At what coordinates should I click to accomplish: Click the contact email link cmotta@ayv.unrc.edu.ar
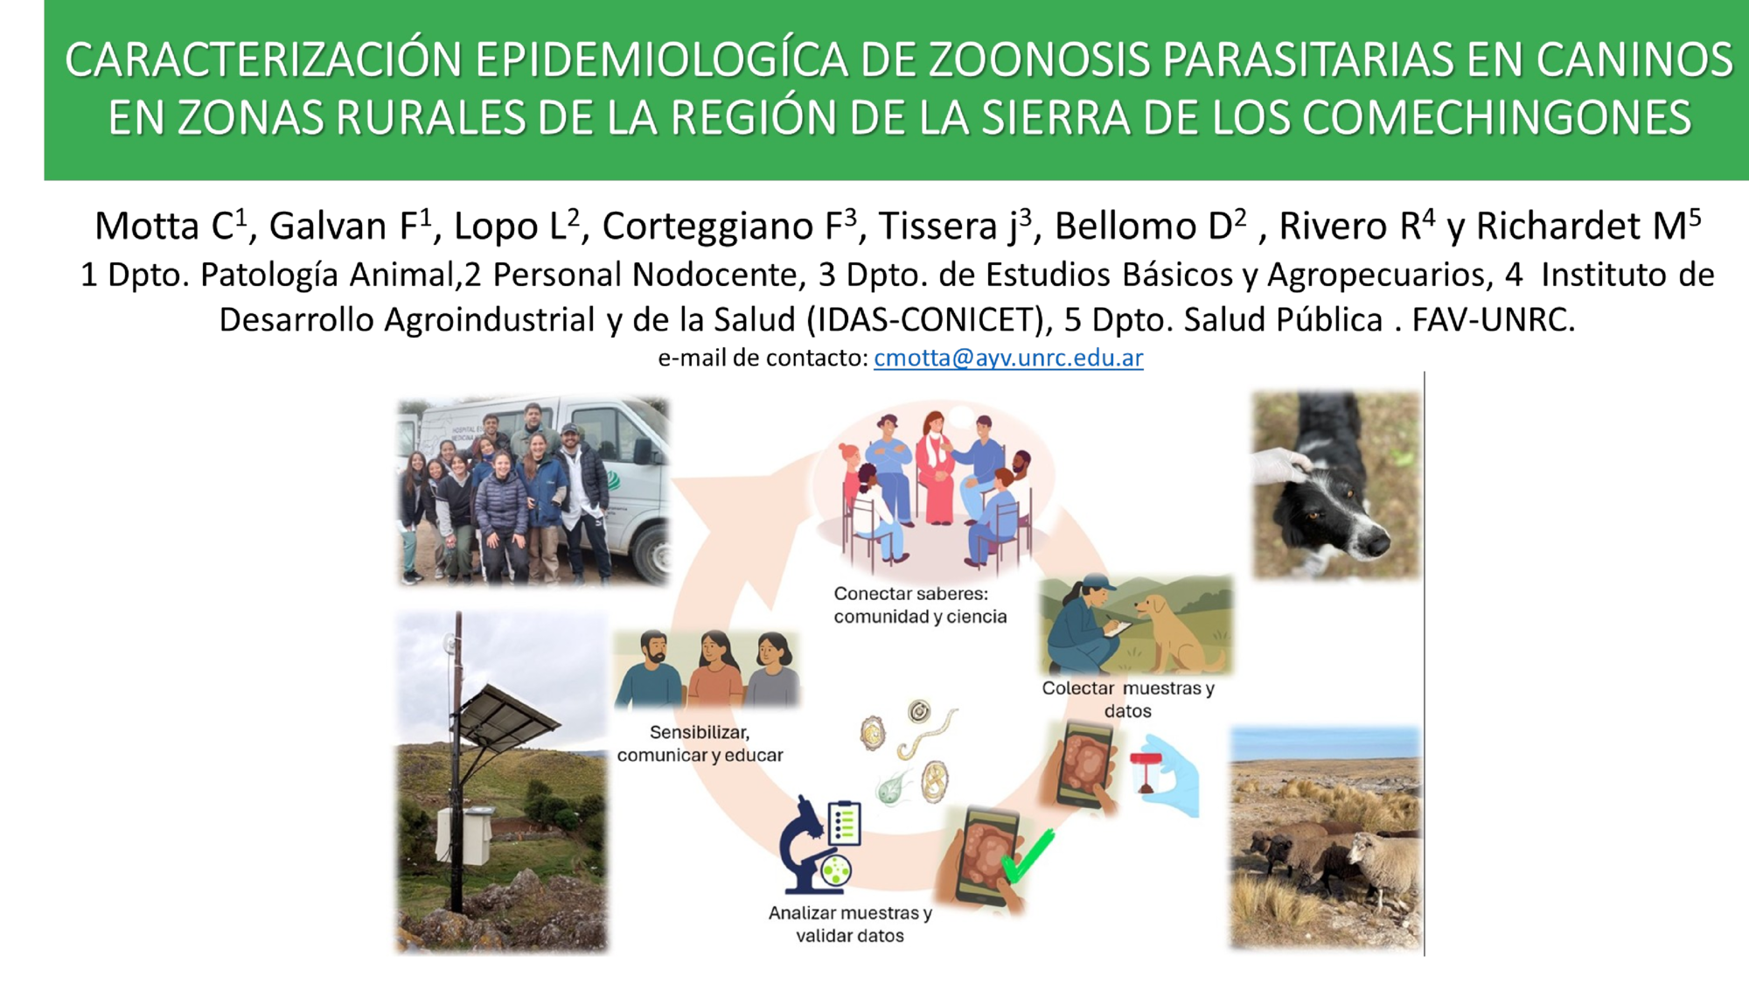1008,358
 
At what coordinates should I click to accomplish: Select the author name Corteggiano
708,227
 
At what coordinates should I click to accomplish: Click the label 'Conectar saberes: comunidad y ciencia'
920,604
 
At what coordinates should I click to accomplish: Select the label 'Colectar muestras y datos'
1128,699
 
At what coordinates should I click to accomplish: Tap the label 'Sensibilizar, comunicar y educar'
700,743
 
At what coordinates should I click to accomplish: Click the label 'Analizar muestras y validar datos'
850,924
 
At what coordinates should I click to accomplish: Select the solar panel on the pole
506,714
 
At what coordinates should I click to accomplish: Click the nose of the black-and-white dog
1378,546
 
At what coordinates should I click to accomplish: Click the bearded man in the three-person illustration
649,669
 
